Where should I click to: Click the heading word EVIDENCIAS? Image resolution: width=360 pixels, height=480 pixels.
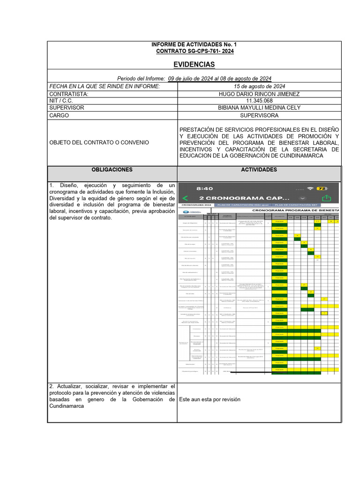tap(194, 64)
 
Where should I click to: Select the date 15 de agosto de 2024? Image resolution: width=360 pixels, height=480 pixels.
tap(259, 86)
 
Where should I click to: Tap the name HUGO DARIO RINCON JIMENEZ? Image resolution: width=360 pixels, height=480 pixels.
tap(259, 94)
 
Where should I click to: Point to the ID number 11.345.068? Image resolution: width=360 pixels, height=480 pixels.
tap(259, 101)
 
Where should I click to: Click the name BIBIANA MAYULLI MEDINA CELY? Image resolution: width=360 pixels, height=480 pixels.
tap(259, 108)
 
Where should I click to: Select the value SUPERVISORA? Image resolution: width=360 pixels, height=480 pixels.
tap(259, 115)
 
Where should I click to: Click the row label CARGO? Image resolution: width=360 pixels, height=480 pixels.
tap(59, 115)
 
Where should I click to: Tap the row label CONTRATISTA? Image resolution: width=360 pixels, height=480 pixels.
tap(69, 94)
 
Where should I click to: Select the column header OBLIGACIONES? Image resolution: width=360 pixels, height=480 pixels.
tap(112, 170)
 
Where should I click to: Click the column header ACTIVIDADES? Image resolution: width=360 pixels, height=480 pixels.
tap(259, 170)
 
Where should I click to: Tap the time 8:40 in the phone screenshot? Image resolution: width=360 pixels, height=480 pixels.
tap(205, 188)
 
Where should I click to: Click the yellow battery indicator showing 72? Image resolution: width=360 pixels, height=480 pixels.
tap(322, 188)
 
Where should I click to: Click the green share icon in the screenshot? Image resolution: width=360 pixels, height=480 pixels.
tap(327, 198)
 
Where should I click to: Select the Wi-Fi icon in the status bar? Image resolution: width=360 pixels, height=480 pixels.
tap(309, 188)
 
